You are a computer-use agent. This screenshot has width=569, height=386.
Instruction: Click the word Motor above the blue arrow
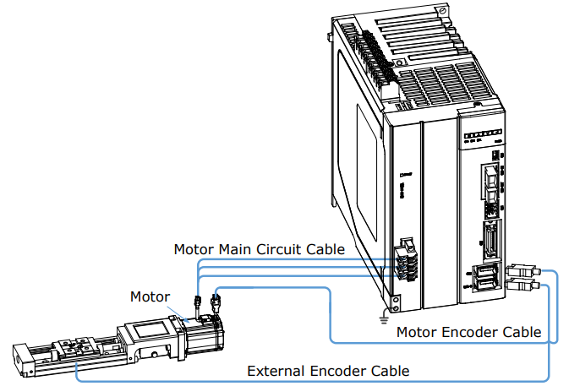click(x=150, y=296)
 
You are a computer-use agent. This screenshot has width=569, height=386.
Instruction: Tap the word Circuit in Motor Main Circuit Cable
click(x=279, y=249)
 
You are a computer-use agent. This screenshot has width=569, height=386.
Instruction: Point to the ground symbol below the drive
click(x=384, y=319)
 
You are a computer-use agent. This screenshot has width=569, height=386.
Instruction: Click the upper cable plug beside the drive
click(x=522, y=270)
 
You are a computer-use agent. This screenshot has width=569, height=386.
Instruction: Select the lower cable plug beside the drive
click(x=522, y=285)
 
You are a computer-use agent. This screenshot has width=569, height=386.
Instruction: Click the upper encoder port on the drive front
click(x=484, y=270)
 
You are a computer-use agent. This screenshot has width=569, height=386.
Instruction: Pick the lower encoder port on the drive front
click(x=485, y=284)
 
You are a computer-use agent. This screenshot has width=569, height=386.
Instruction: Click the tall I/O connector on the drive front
click(x=492, y=240)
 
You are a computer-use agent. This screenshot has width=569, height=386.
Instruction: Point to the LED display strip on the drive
click(x=483, y=133)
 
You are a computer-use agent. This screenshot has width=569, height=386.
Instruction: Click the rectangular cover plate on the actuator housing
click(x=151, y=329)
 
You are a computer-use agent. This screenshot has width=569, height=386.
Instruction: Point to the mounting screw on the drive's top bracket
click(x=442, y=11)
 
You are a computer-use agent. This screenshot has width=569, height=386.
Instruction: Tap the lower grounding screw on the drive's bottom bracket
click(x=396, y=309)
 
